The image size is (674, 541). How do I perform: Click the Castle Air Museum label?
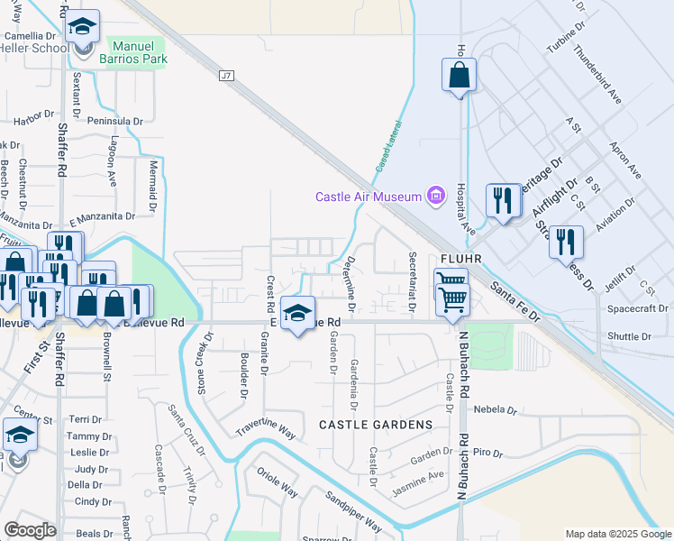click(369, 197)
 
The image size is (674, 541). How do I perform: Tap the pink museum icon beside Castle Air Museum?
click(437, 196)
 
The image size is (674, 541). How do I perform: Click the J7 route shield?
click(226, 77)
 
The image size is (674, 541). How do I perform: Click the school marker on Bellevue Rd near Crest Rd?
click(296, 314)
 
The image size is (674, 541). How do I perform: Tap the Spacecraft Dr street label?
click(637, 308)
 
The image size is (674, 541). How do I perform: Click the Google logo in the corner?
click(30, 530)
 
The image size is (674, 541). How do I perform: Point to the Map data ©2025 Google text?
click(618, 533)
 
